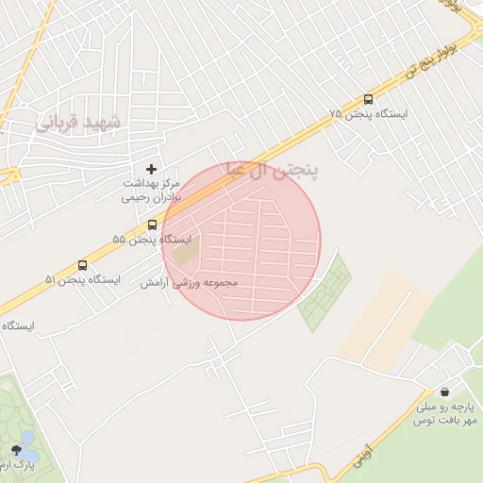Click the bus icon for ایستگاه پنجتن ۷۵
(x=368, y=99)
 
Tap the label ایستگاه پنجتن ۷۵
(x=369, y=114)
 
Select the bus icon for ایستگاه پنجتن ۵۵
(x=152, y=225)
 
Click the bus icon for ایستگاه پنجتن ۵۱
(x=83, y=265)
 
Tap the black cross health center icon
(x=151, y=168)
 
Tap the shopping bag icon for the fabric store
(x=444, y=391)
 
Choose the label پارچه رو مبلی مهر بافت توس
(x=444, y=413)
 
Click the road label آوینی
(x=374, y=433)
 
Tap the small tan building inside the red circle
(x=186, y=253)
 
